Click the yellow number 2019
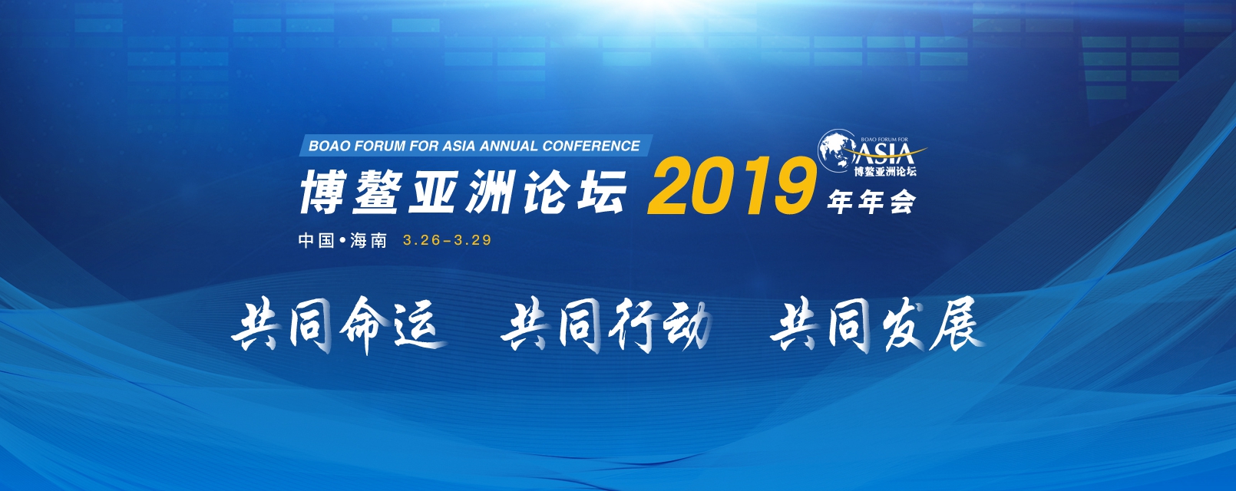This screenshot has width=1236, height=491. point(731,186)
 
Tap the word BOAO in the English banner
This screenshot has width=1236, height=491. point(329,146)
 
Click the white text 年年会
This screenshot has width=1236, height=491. point(871,203)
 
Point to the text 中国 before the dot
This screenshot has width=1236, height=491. point(316,241)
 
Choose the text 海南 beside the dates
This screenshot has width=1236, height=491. point(368,241)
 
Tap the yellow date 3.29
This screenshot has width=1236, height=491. point(473,240)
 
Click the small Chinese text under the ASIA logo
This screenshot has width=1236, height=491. point(885,171)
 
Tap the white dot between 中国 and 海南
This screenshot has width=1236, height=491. point(342,241)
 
